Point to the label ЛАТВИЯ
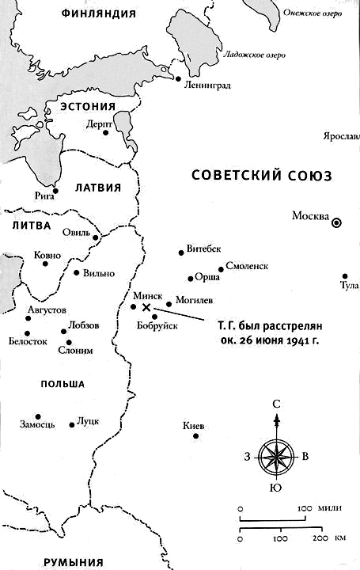[x=97, y=188]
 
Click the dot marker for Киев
[x=200, y=434]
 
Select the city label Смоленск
[x=249, y=266]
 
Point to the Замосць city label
[x=36, y=424]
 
